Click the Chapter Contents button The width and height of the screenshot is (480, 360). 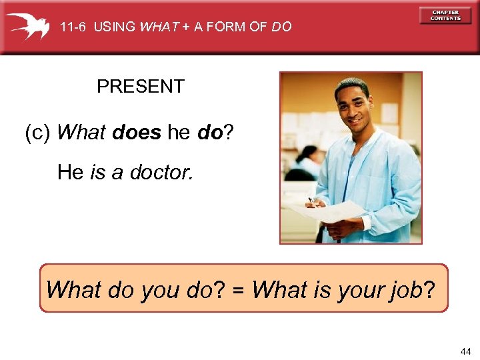click(x=445, y=15)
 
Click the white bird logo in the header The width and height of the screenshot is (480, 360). click(x=28, y=27)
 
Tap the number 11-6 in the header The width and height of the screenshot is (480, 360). click(x=73, y=27)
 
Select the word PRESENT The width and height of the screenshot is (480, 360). click(x=140, y=87)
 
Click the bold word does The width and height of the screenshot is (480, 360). click(x=137, y=133)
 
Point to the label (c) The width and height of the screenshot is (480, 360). click(x=38, y=133)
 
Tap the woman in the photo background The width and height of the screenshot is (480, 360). click(x=307, y=163)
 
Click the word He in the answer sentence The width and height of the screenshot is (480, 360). click(x=70, y=173)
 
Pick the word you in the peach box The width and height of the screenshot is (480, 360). click(x=159, y=291)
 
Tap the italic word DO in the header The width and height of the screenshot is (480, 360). click(x=281, y=27)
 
